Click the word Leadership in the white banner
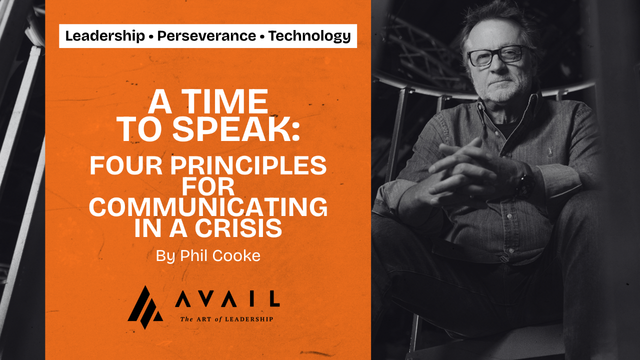[105, 36]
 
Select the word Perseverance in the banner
[206, 36]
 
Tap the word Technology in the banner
[309, 36]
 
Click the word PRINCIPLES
[248, 165]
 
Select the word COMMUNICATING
[208, 207]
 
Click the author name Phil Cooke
[220, 255]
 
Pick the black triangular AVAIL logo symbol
[145, 307]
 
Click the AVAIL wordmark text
[227, 299]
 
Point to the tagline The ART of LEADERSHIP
[226, 319]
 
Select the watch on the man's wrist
[525, 183]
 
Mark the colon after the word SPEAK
[295, 131]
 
